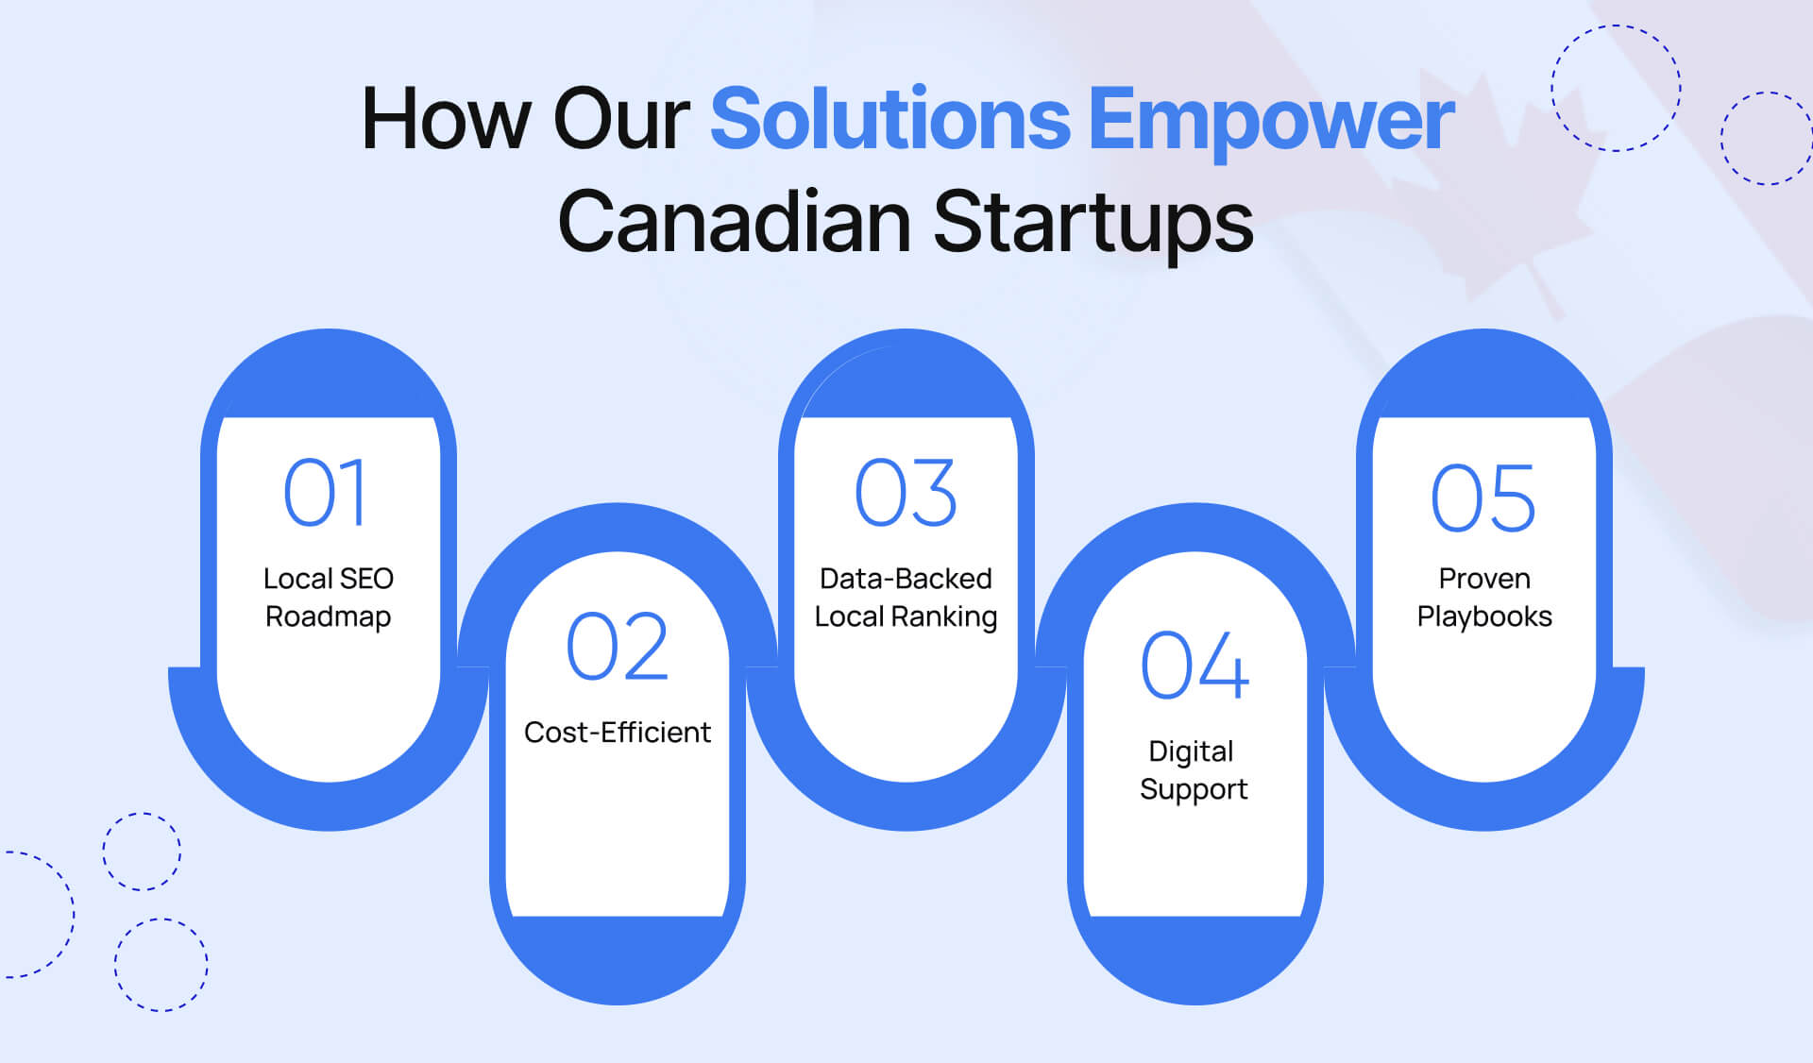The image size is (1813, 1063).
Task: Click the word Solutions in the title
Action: [x=890, y=120]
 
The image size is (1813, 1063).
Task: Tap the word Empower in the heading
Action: [x=1271, y=120]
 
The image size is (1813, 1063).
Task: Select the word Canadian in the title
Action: [x=734, y=223]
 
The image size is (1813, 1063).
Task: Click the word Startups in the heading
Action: [x=1093, y=223]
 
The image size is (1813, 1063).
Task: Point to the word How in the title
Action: [x=446, y=120]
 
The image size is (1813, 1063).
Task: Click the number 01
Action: [x=326, y=493]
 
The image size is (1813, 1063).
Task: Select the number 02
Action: [x=618, y=647]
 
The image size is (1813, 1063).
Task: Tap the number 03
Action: [x=906, y=493]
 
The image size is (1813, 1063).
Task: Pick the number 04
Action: [x=1195, y=666]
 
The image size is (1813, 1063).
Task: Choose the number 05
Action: [x=1483, y=498]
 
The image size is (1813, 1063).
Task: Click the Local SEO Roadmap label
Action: [x=328, y=597]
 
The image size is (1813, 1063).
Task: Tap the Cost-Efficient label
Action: [x=618, y=733]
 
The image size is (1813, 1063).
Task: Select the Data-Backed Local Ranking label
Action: [x=906, y=597]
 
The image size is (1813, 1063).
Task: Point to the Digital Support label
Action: [x=1194, y=769]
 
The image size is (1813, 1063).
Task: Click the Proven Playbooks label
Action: [x=1484, y=597]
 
